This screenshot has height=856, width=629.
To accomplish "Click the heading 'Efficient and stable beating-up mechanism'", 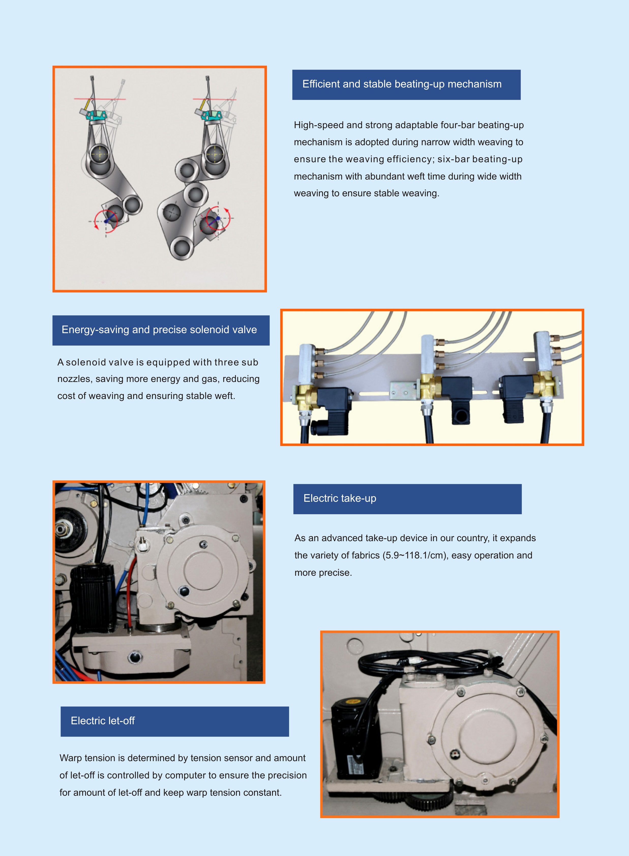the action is [x=402, y=84].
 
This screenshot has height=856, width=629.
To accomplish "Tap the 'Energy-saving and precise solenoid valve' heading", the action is [x=159, y=330].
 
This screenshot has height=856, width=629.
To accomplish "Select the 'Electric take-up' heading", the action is [x=340, y=498].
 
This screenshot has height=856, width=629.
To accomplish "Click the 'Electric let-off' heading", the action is [x=103, y=721].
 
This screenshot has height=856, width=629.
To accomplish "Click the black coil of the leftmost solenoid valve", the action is [x=333, y=403].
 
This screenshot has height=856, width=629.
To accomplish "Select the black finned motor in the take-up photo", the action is [x=93, y=597].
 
